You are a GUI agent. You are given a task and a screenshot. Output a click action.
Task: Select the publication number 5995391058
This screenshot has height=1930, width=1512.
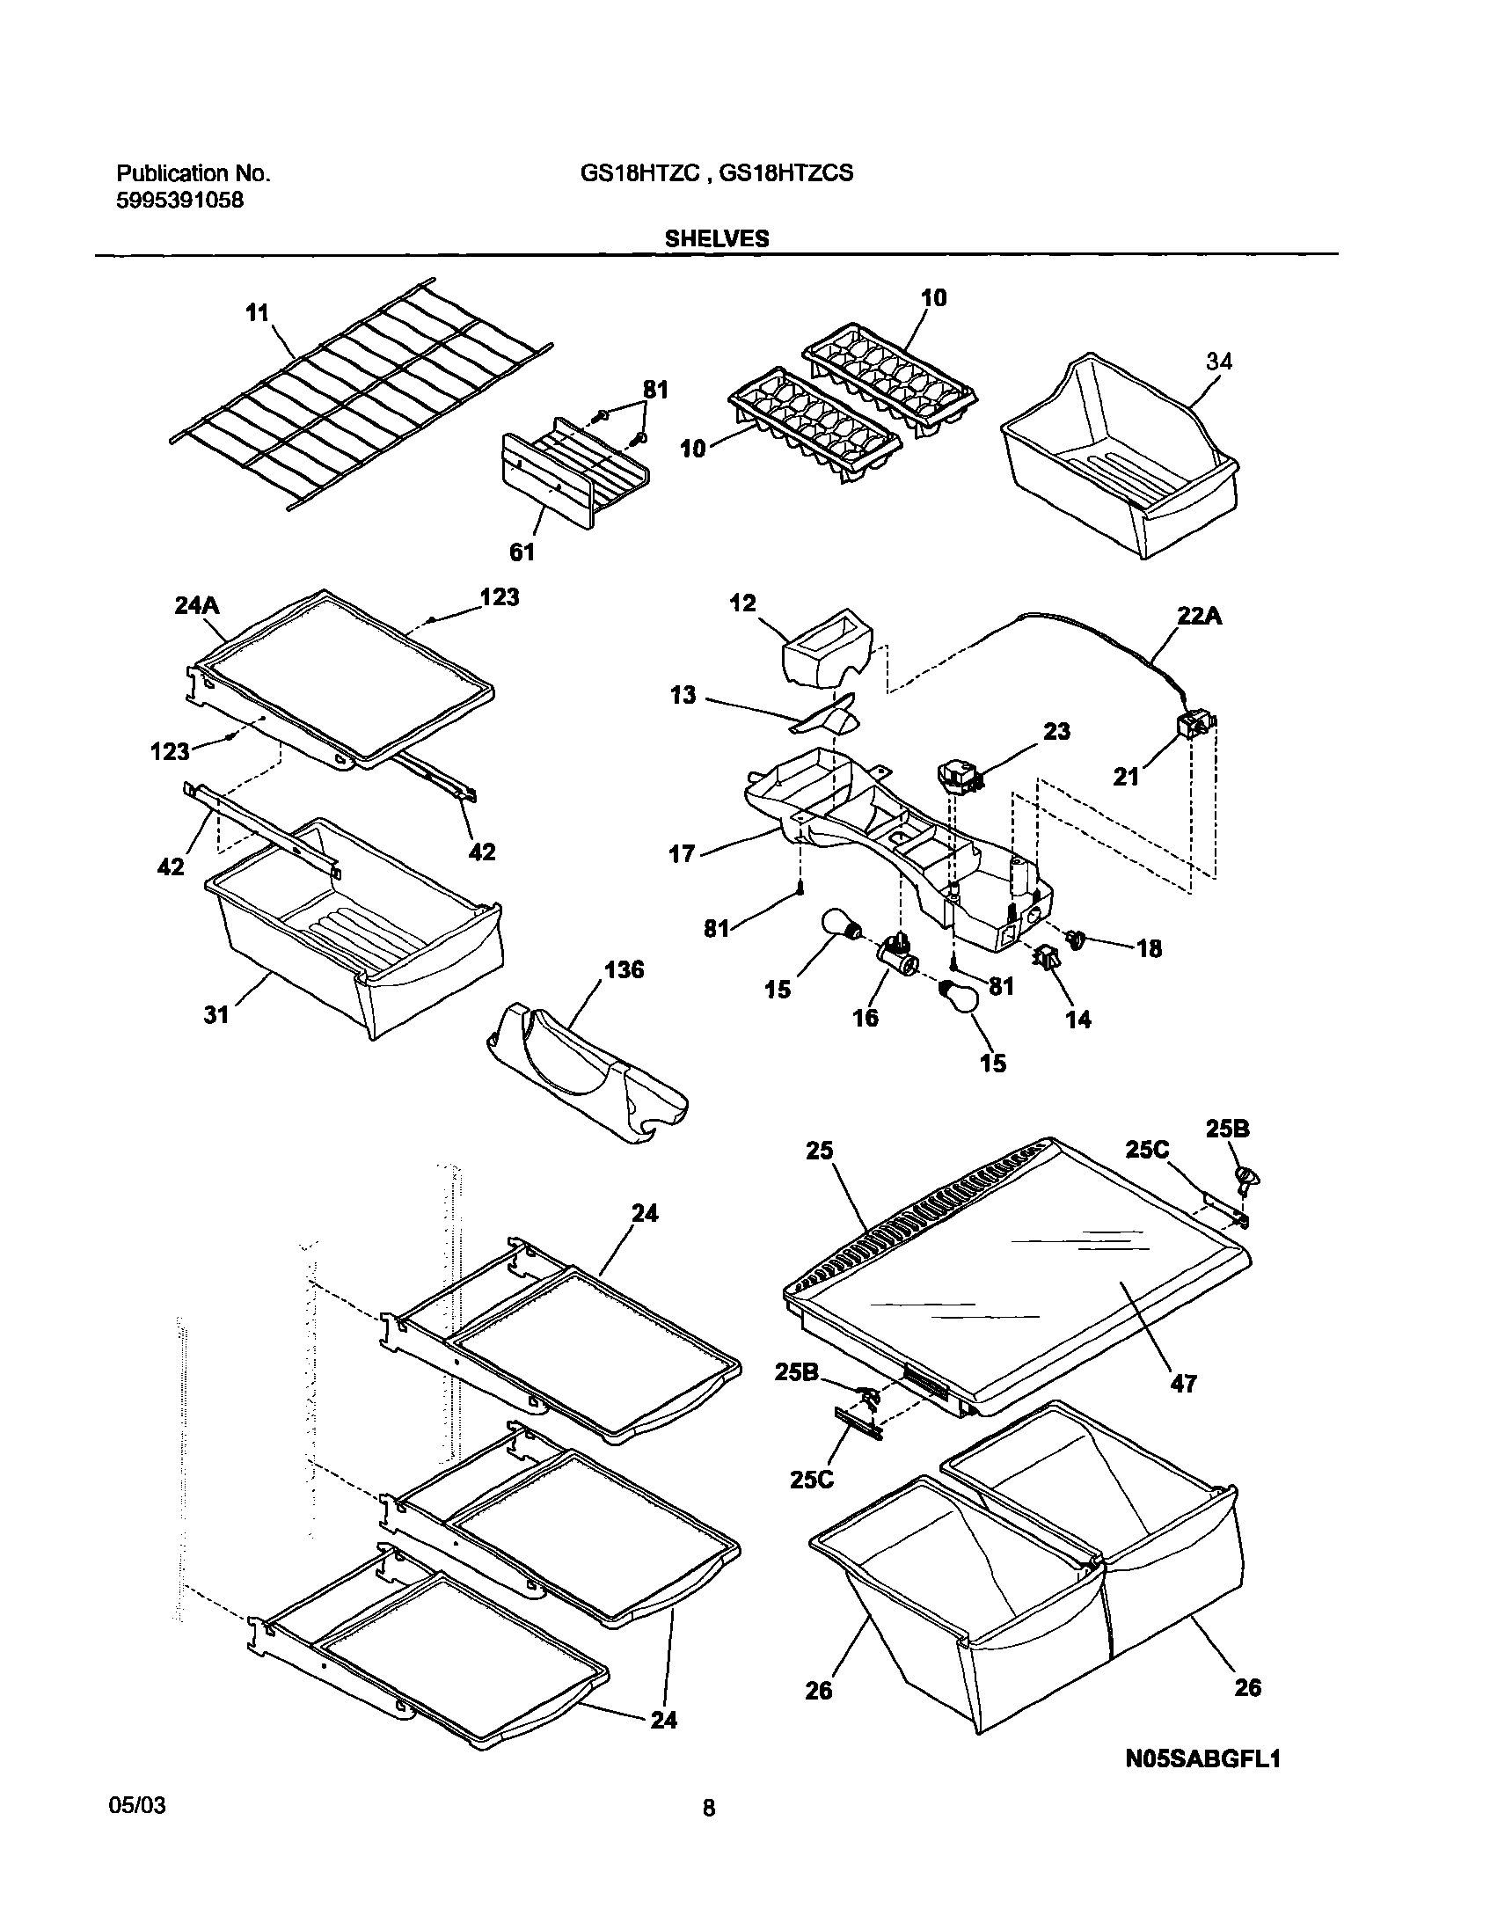pos(179,200)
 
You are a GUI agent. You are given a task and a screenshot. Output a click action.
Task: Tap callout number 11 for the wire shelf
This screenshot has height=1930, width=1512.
pos(257,312)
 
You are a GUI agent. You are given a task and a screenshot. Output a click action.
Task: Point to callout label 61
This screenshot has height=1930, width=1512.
pos(522,552)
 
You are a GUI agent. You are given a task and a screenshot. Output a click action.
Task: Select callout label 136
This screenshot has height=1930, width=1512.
pos(625,970)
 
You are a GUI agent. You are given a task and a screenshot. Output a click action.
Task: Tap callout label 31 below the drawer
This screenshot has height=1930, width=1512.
pos(216,1014)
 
